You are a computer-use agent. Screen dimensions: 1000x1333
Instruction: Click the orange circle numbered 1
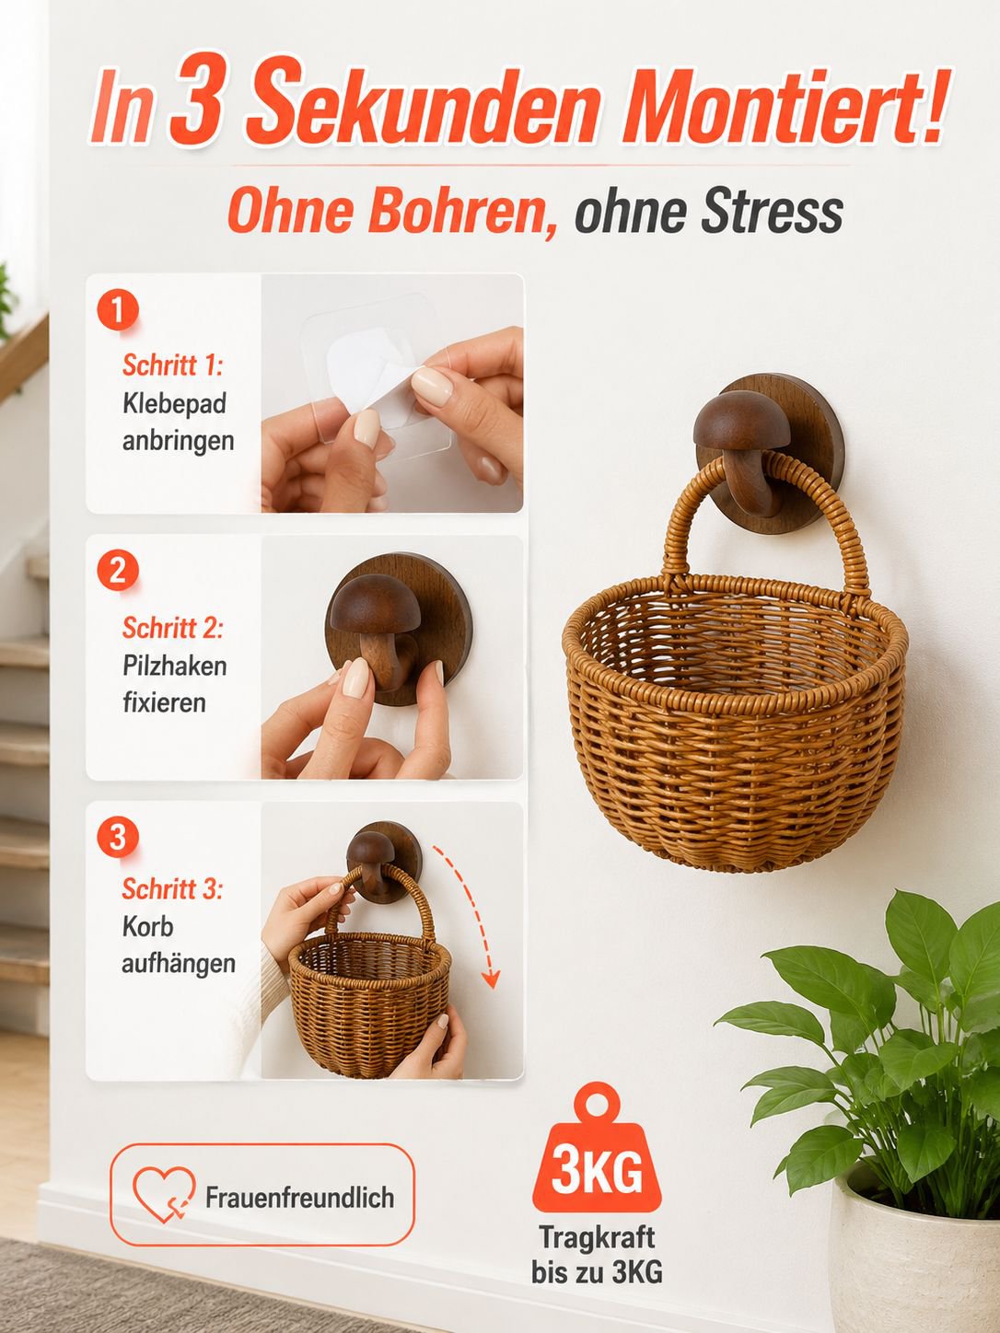click(x=118, y=309)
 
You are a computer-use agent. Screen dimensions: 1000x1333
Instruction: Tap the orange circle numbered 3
click(x=118, y=837)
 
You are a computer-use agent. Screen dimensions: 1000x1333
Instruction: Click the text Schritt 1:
click(x=172, y=365)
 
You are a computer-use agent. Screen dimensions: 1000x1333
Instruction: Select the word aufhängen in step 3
click(x=179, y=964)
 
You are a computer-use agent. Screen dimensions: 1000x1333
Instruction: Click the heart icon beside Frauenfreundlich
click(x=164, y=1194)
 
